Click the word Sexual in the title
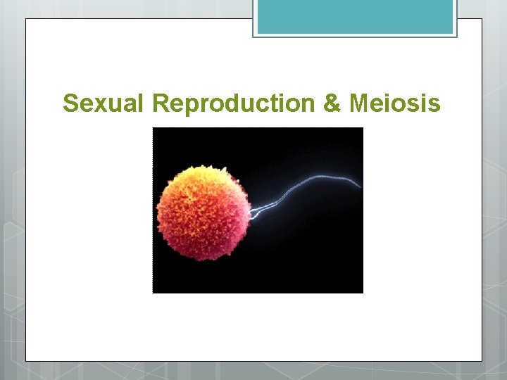click(x=104, y=103)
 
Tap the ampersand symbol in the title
click(x=331, y=103)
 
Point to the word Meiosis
click(x=394, y=103)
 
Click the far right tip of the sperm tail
click(x=361, y=186)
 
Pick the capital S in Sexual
click(x=70, y=103)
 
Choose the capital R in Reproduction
click(x=160, y=103)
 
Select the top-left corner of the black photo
click(x=154, y=128)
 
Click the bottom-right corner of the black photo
click(x=362, y=292)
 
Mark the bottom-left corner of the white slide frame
click(x=27, y=360)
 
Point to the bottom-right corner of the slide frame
click(x=481, y=360)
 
